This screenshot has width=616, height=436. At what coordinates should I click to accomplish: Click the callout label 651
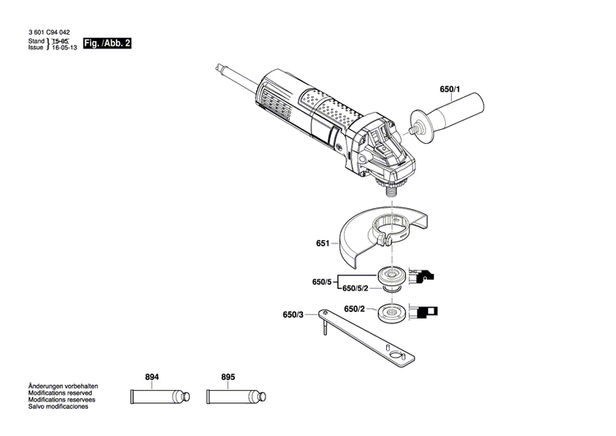322,244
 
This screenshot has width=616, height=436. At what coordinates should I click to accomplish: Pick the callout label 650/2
354,309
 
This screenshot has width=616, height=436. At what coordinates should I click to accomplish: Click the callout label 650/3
293,315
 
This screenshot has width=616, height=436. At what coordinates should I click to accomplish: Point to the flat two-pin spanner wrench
370,336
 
